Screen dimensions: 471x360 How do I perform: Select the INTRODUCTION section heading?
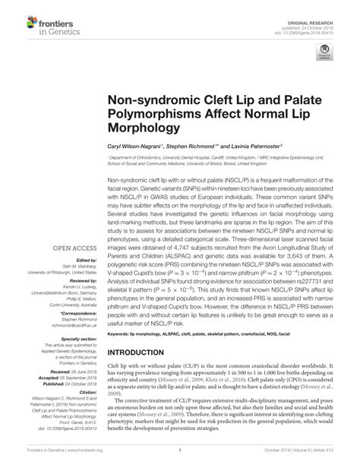pyautogui.click(x=143, y=353)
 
